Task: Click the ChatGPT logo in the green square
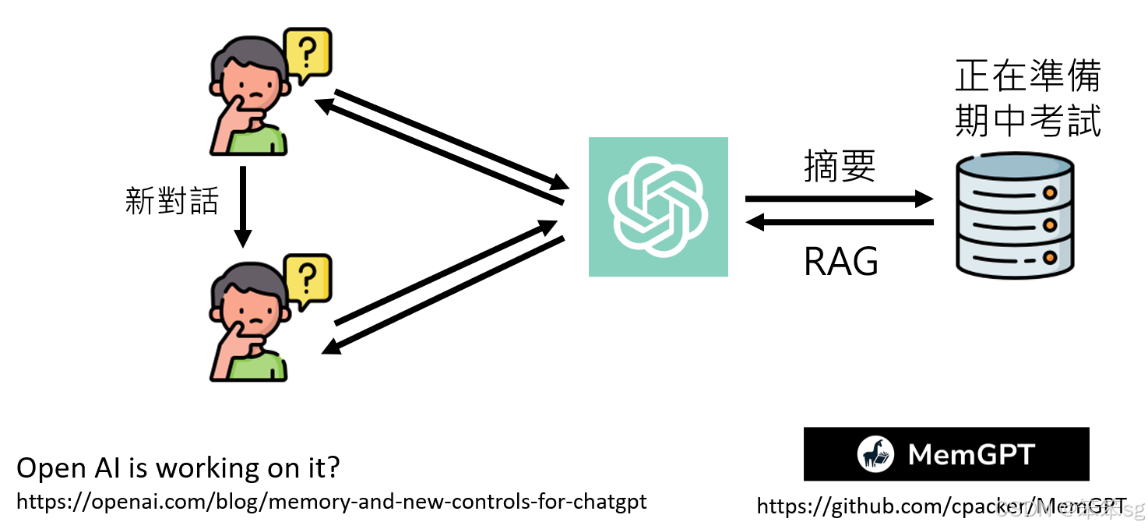658,206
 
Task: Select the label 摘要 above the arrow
840,167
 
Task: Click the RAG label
841,262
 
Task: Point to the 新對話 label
171,201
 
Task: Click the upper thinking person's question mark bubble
308,54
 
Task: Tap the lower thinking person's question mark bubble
308,277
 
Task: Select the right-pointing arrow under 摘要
839,199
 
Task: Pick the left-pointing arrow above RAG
839,224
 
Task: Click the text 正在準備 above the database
1027,77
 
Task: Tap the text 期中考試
1027,122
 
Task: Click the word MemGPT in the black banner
971,454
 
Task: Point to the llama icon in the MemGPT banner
875,454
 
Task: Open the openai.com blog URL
331,501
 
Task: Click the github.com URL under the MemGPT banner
941,506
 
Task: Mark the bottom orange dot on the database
1050,256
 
